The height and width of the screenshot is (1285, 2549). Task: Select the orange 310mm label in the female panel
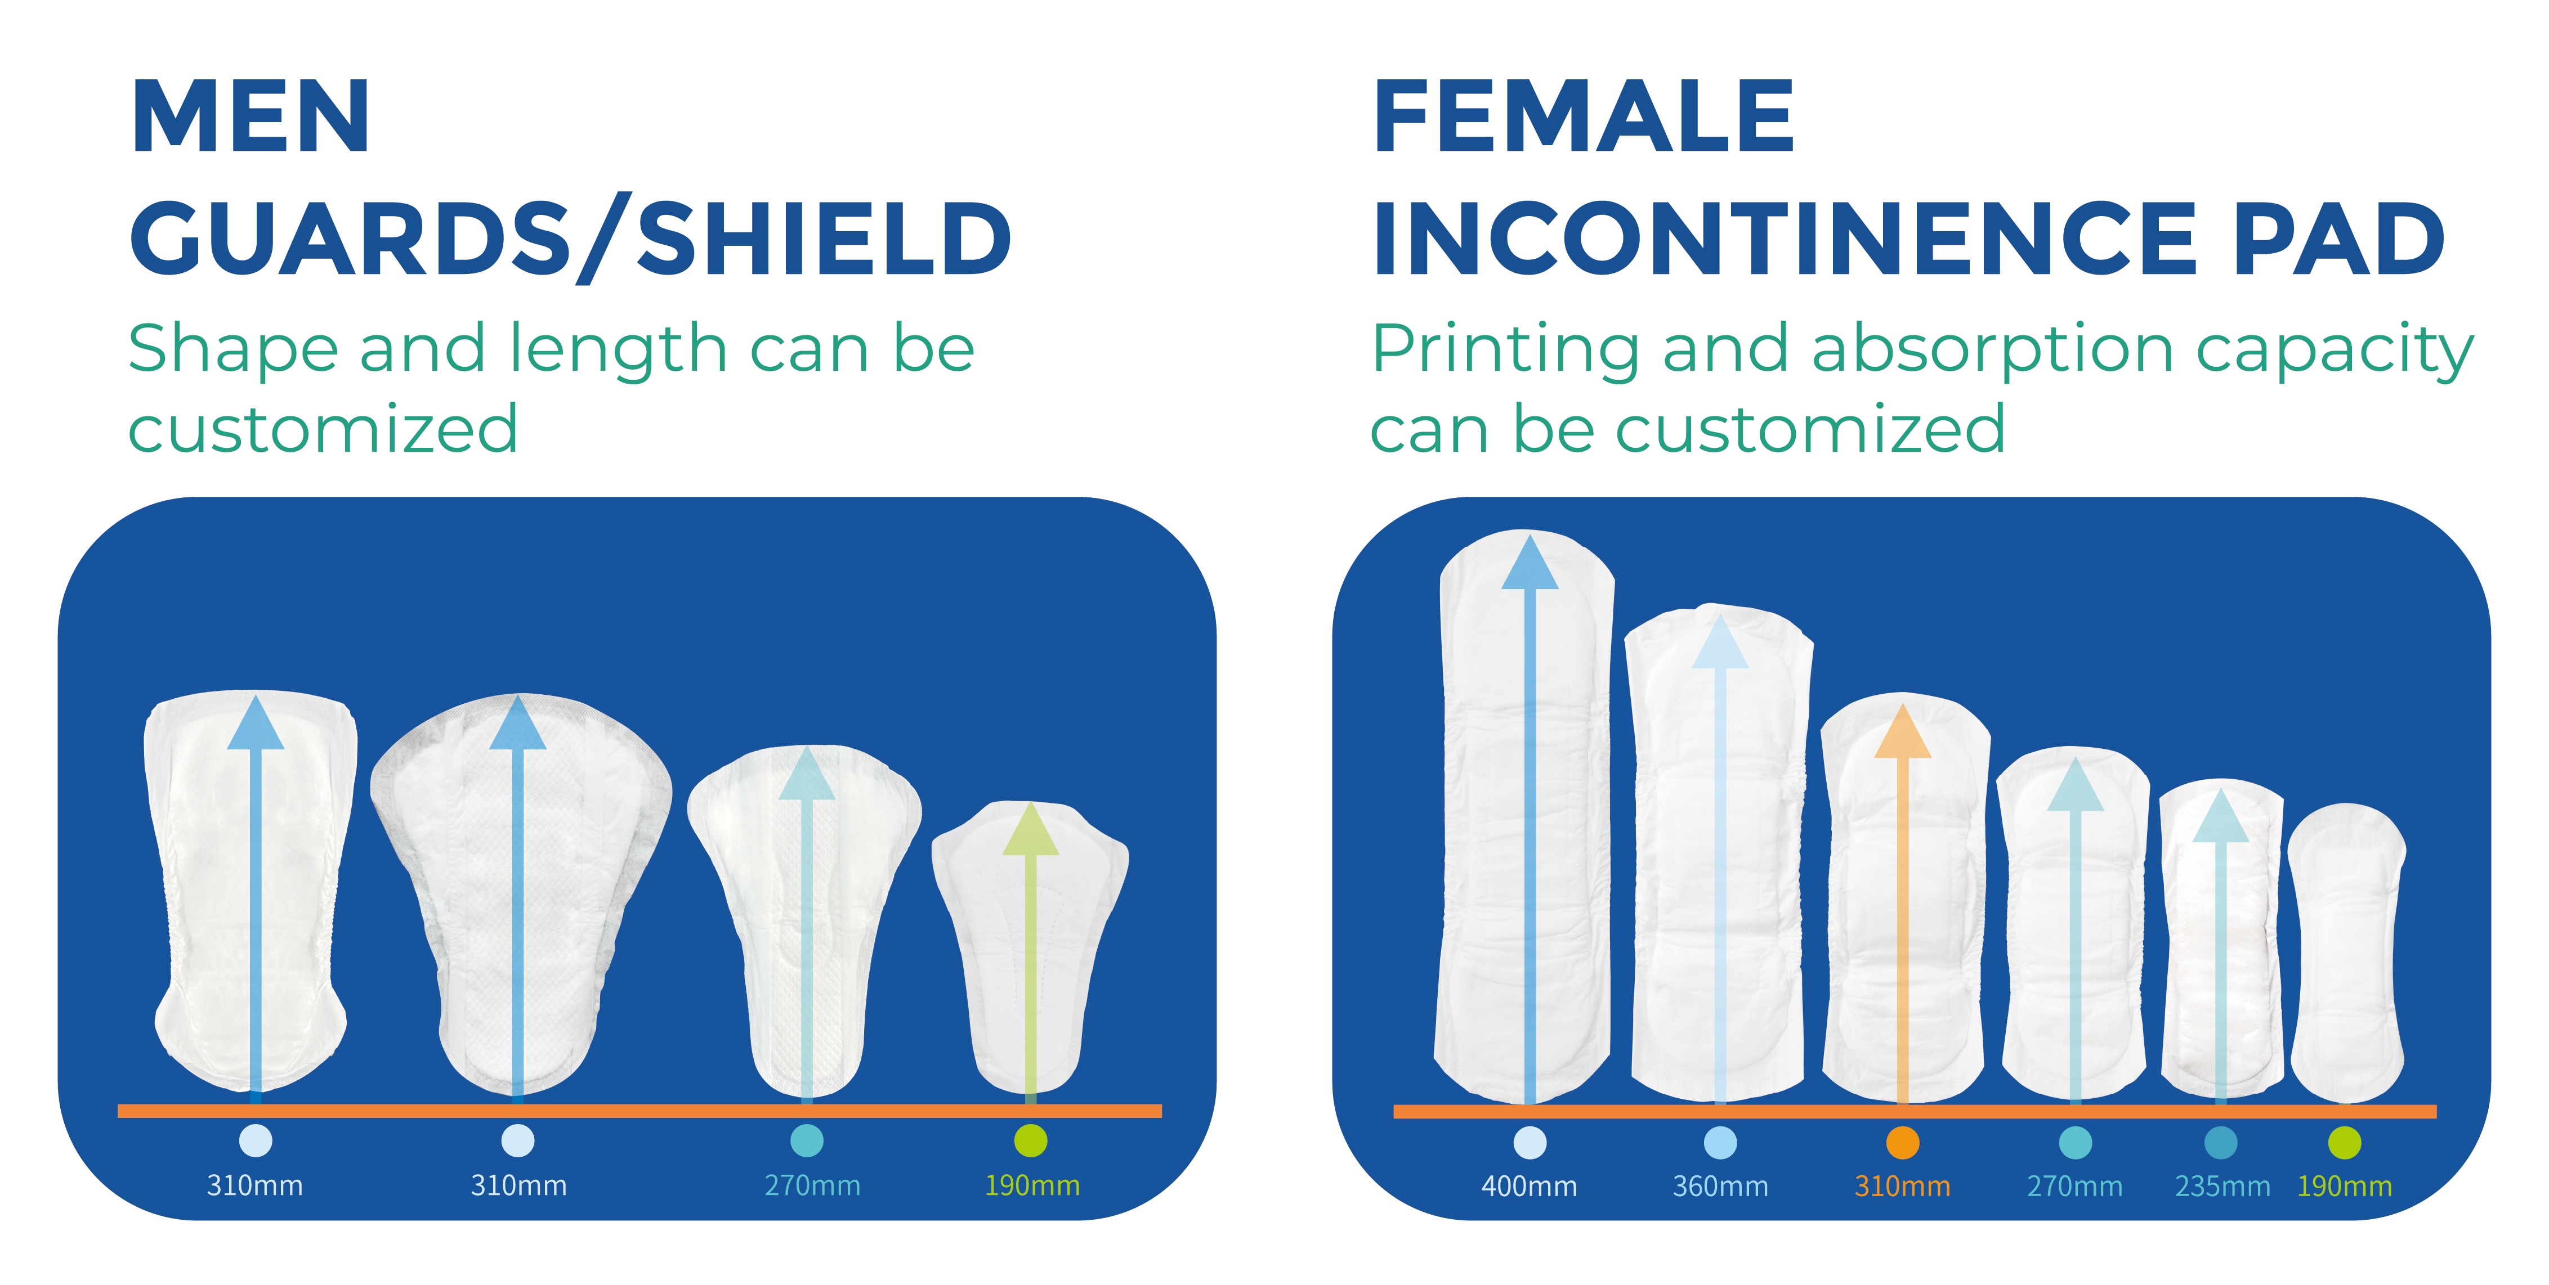[1902, 1186]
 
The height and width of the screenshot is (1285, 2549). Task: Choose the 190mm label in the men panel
[1031, 1185]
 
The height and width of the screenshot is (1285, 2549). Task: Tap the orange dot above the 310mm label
[1902, 1143]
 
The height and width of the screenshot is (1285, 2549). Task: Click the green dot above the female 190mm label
[2344, 1143]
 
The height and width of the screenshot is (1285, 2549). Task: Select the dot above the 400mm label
[1530, 1143]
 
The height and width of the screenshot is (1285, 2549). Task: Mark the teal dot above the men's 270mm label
[807, 1140]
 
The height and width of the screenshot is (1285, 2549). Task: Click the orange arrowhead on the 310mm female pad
[1902, 732]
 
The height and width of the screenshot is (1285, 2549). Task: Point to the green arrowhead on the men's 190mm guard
[1031, 829]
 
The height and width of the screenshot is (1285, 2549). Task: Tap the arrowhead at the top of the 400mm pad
[1530, 562]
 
